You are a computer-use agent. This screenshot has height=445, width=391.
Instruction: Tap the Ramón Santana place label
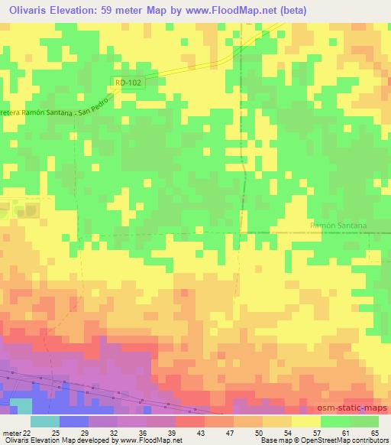click(x=340, y=226)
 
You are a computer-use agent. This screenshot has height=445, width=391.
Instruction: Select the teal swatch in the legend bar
click(x=45, y=421)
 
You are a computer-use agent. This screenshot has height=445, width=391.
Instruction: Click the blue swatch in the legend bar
click(x=74, y=421)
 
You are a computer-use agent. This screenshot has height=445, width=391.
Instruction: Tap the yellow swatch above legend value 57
click(x=306, y=421)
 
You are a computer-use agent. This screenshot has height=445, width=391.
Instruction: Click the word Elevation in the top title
click(x=81, y=11)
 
